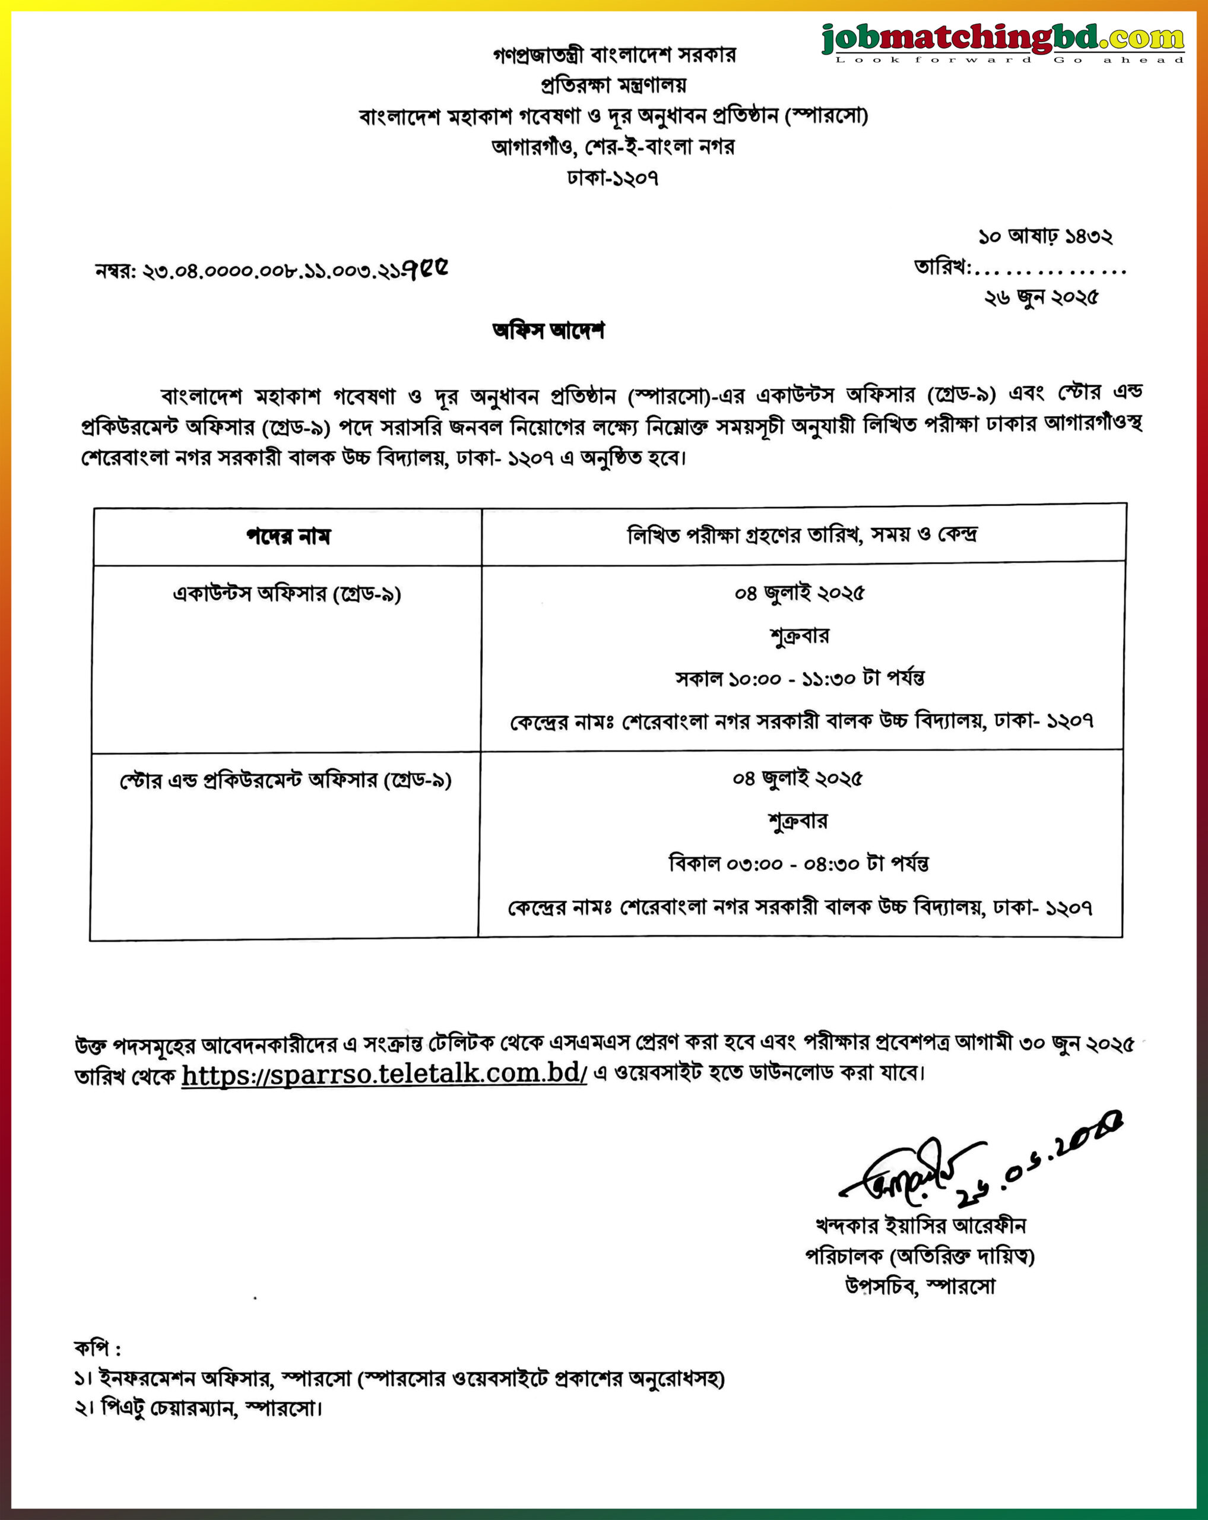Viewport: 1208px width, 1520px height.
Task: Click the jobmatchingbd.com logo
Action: point(1002,41)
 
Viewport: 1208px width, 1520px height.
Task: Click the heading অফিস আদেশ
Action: point(548,331)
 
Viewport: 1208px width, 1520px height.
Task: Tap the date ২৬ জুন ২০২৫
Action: point(1041,298)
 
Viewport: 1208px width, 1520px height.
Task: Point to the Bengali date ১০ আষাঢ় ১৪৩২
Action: point(1045,237)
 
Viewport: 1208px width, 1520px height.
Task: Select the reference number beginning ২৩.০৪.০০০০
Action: point(271,270)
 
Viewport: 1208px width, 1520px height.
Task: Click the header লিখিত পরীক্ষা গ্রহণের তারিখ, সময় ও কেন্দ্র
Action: point(802,535)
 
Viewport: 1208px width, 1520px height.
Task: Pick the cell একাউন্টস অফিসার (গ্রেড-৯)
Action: point(287,594)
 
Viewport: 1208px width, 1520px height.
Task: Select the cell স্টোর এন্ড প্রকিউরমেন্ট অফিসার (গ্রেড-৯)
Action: point(286,780)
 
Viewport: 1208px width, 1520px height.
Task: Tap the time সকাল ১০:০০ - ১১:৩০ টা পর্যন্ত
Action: point(800,678)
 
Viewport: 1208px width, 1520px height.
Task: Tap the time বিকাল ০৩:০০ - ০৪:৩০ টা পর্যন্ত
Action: point(798,864)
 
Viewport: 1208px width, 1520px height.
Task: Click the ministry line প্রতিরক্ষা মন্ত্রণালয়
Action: point(613,85)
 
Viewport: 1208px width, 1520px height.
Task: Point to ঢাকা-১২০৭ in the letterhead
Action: point(613,178)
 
